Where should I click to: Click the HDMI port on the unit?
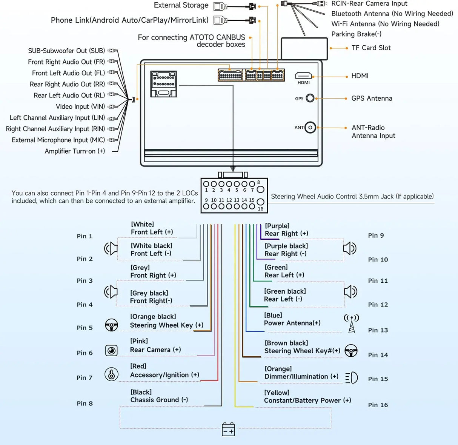(x=303, y=75)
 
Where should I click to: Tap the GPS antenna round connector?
(x=310, y=98)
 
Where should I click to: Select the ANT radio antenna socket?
(x=310, y=128)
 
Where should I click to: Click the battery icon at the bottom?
(x=228, y=429)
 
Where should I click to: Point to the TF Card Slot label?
(x=371, y=48)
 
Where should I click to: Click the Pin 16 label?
(x=378, y=405)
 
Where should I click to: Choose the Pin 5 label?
(x=85, y=328)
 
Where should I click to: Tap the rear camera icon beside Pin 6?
(x=111, y=351)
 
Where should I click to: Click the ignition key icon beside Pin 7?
(x=111, y=374)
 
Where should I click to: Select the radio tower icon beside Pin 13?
(x=351, y=323)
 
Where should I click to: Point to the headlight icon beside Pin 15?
(x=352, y=378)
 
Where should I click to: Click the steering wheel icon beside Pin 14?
(x=351, y=351)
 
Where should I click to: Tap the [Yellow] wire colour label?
(x=277, y=393)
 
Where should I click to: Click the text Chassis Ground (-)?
(x=159, y=400)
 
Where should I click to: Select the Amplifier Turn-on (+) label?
(x=75, y=151)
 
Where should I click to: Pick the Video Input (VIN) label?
(x=80, y=106)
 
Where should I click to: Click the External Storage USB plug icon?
(x=220, y=6)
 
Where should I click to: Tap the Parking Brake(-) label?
(x=356, y=34)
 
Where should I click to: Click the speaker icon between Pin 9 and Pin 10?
(x=350, y=248)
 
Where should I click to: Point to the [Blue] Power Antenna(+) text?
(x=292, y=319)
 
